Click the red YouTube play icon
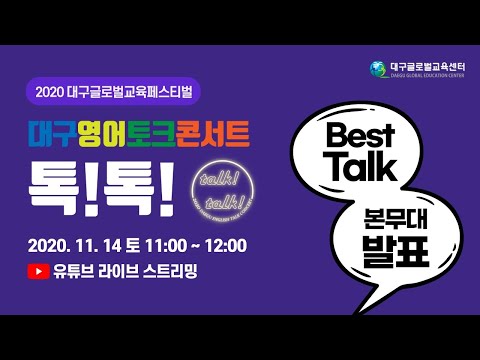pos(39,270)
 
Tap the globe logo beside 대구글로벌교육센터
pos(376,68)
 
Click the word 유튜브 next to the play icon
pos(75,270)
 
